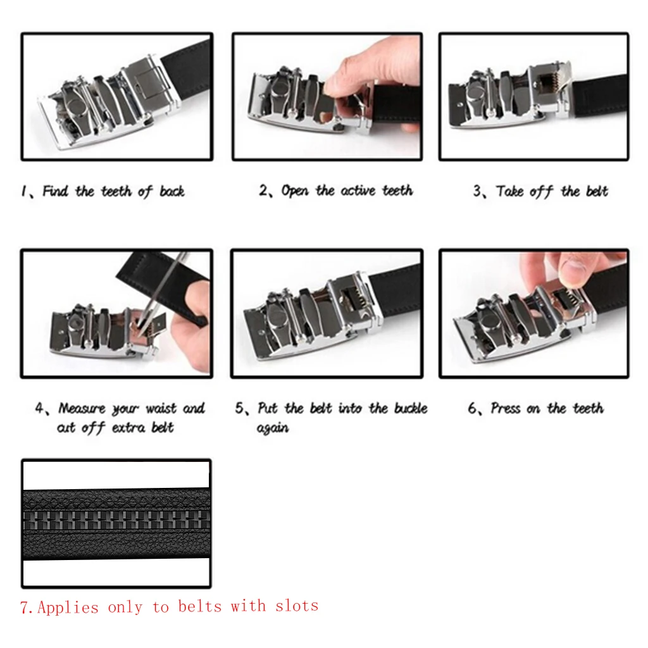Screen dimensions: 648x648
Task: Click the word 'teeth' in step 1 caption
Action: [116, 192]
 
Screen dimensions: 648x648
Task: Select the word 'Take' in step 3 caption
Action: [510, 192]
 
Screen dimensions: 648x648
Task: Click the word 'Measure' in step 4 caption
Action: [82, 409]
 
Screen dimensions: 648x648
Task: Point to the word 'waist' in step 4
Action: [162, 409]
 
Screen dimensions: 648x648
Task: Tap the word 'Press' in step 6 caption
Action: [506, 409]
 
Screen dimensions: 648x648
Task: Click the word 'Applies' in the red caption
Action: [68, 607]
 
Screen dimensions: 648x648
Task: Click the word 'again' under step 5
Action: [273, 428]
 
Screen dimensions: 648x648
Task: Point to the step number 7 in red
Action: [25, 608]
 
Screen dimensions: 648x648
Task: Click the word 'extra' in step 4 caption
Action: [130, 428]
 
